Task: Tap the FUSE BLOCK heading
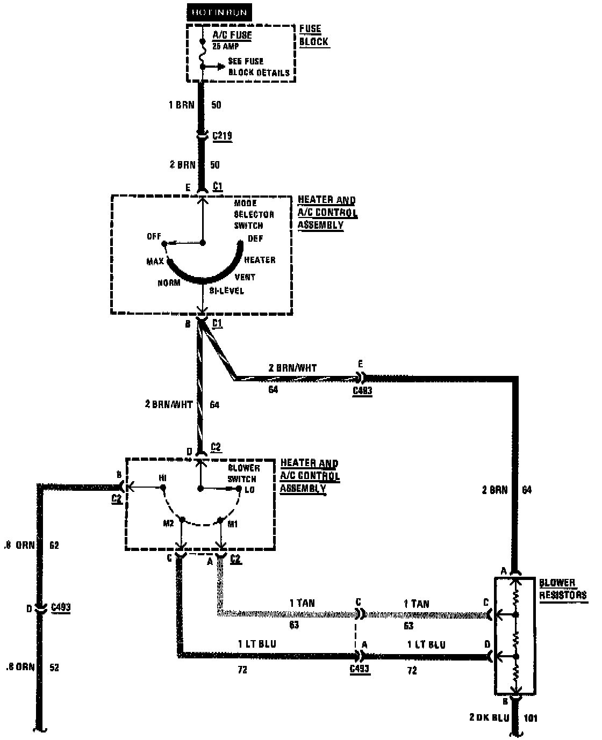pyautogui.click(x=313, y=35)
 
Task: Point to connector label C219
pyautogui.click(x=222, y=135)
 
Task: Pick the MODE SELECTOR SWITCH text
pyautogui.click(x=253, y=214)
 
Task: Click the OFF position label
pyautogui.click(x=154, y=237)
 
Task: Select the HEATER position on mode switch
pyautogui.click(x=260, y=260)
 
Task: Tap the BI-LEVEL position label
pyautogui.click(x=226, y=291)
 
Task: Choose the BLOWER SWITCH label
pyautogui.click(x=243, y=473)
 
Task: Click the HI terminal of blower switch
pyautogui.click(x=162, y=477)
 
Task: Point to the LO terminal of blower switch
pyautogui.click(x=249, y=490)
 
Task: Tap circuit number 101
pyautogui.click(x=530, y=718)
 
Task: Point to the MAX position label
pyautogui.click(x=155, y=262)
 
